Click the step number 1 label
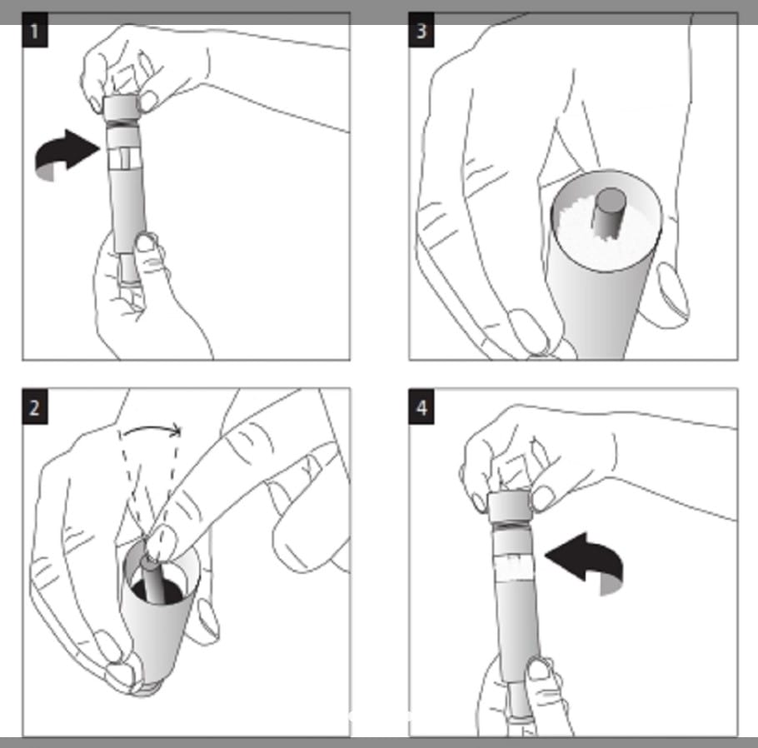click(35, 31)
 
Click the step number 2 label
click(35, 406)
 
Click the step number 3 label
click(421, 31)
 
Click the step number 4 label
click(421, 406)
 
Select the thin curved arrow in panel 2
click(152, 428)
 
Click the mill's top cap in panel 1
click(121, 108)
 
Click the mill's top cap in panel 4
click(509, 507)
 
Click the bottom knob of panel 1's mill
click(128, 268)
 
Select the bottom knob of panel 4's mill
click(520, 701)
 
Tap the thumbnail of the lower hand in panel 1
click(145, 242)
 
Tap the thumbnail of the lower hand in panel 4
click(538, 669)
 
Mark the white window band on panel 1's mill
click(125, 159)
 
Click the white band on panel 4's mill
click(515, 567)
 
